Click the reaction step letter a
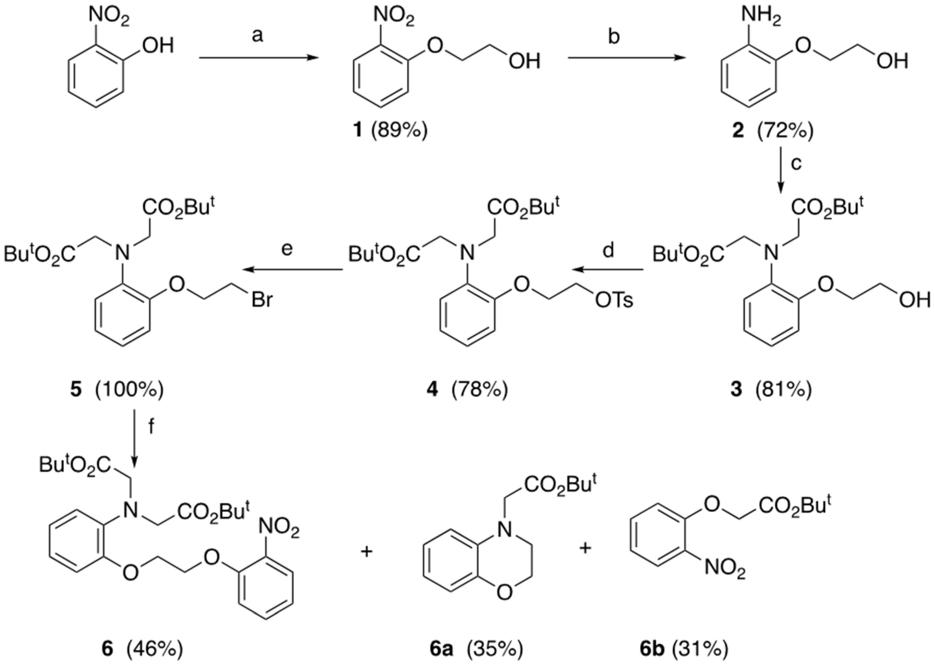(x=258, y=36)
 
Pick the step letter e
(x=287, y=249)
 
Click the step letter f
(x=151, y=426)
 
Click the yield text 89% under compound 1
(x=399, y=131)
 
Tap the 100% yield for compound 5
(x=129, y=390)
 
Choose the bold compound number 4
(x=432, y=390)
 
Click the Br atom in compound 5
(x=262, y=301)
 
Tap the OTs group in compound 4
(x=614, y=301)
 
